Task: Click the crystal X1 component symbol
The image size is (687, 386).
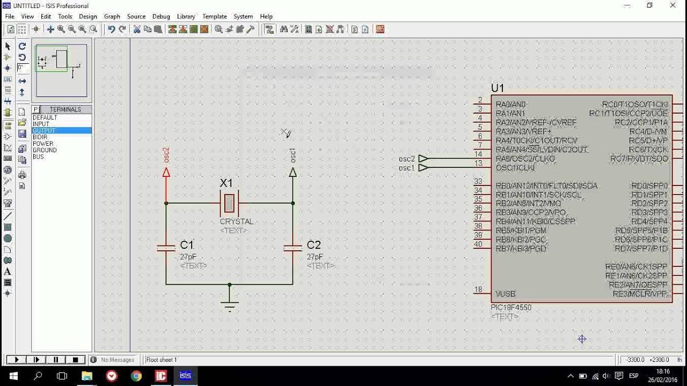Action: tap(229, 203)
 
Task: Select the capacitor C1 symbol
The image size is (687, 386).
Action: tap(166, 248)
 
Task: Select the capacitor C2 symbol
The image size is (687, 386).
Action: tap(293, 248)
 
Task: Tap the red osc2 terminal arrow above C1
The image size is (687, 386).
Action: tap(166, 173)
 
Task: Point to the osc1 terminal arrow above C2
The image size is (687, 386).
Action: tap(293, 173)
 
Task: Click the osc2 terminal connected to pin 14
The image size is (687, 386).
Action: tap(423, 159)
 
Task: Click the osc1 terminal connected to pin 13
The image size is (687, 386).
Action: tap(423, 168)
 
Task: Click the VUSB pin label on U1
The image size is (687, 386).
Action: tap(505, 294)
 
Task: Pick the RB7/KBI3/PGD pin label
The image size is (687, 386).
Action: tap(521, 249)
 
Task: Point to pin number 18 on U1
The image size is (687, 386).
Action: tap(478, 290)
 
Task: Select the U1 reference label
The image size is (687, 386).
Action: tap(498, 88)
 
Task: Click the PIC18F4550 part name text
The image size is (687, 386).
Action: tap(511, 308)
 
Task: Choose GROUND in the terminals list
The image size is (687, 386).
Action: tap(45, 150)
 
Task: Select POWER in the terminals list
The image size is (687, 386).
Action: tap(43, 144)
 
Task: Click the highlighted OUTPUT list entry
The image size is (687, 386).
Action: tap(44, 131)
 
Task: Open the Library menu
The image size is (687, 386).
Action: tap(186, 17)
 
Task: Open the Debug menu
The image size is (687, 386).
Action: tap(161, 17)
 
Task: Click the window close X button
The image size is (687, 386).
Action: tap(673, 5)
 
